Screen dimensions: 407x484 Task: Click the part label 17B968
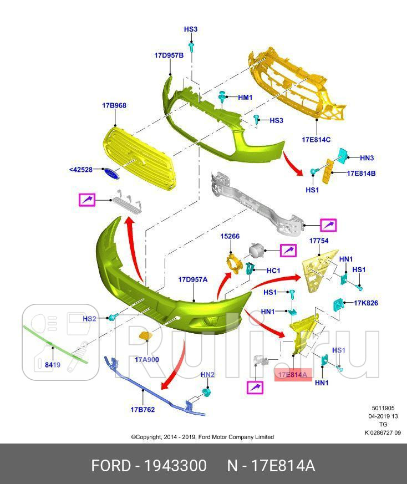click(x=114, y=105)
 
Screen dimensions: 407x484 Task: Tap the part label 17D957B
click(x=169, y=55)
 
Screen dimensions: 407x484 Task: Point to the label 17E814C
click(x=316, y=140)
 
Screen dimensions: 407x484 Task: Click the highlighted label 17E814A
click(x=293, y=375)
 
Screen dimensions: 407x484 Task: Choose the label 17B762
click(x=143, y=410)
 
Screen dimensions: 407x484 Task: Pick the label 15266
click(x=230, y=236)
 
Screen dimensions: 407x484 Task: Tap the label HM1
click(x=245, y=98)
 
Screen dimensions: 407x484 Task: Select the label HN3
click(x=367, y=158)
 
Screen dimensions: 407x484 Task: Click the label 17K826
click(x=366, y=303)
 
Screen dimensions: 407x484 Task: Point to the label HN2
click(x=207, y=375)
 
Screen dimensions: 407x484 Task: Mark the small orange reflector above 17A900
click(x=145, y=335)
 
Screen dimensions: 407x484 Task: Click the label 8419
click(x=53, y=365)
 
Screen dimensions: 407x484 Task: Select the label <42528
click(x=81, y=170)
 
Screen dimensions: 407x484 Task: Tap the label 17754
click(x=319, y=241)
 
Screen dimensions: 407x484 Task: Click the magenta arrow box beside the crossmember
click(x=328, y=225)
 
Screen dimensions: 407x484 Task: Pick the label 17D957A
click(x=193, y=279)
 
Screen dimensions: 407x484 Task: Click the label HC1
click(x=273, y=271)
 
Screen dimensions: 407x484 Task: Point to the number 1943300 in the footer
click(x=175, y=466)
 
